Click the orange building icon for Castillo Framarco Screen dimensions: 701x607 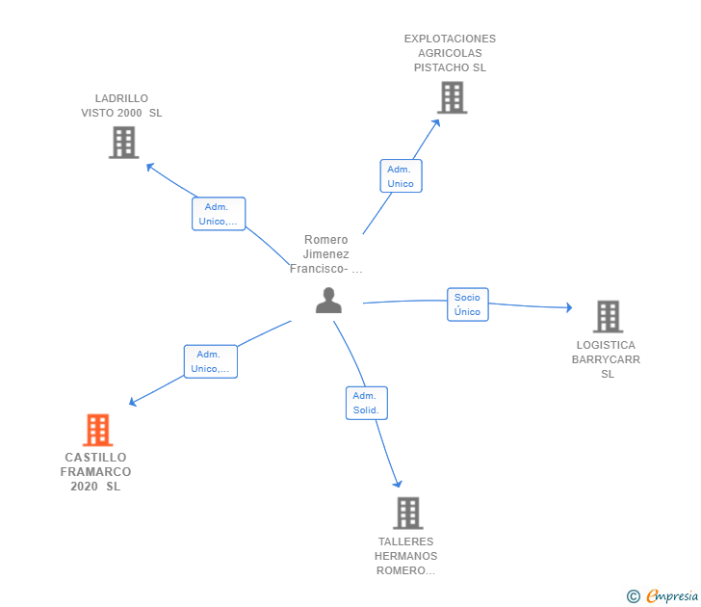pyautogui.click(x=98, y=430)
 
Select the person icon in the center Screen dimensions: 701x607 pyautogui.click(x=328, y=301)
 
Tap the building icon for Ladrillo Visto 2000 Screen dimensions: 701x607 pyautogui.click(x=124, y=143)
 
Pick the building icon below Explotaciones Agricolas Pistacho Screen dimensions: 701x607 pyautogui.click(x=452, y=97)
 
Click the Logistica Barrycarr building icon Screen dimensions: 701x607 pyautogui.click(x=608, y=316)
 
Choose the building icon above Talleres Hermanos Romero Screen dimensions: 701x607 pyautogui.click(x=408, y=514)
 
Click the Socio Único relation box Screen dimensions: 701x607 pyautogui.click(x=468, y=304)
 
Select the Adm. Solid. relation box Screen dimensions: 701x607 pyautogui.click(x=367, y=403)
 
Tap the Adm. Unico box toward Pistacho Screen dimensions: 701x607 pyautogui.click(x=401, y=176)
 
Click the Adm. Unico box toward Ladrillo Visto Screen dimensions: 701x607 pyautogui.click(x=219, y=214)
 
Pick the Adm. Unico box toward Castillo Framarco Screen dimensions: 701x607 pyautogui.click(x=211, y=361)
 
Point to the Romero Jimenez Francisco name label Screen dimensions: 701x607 pyautogui.click(x=325, y=254)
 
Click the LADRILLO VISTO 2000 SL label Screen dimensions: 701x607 pyautogui.click(x=121, y=106)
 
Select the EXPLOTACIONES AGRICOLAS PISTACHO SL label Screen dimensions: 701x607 pyautogui.click(x=451, y=53)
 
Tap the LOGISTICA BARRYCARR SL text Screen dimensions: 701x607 pyautogui.click(x=607, y=359)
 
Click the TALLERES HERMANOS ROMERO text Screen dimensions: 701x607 pyautogui.click(x=406, y=556)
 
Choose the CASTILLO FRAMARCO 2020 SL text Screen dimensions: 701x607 pyautogui.click(x=95, y=472)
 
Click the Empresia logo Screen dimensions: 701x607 pyautogui.click(x=662, y=596)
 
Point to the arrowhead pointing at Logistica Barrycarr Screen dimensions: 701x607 pyautogui.click(x=569, y=307)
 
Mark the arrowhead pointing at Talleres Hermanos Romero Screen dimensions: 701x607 pyautogui.click(x=398, y=484)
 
